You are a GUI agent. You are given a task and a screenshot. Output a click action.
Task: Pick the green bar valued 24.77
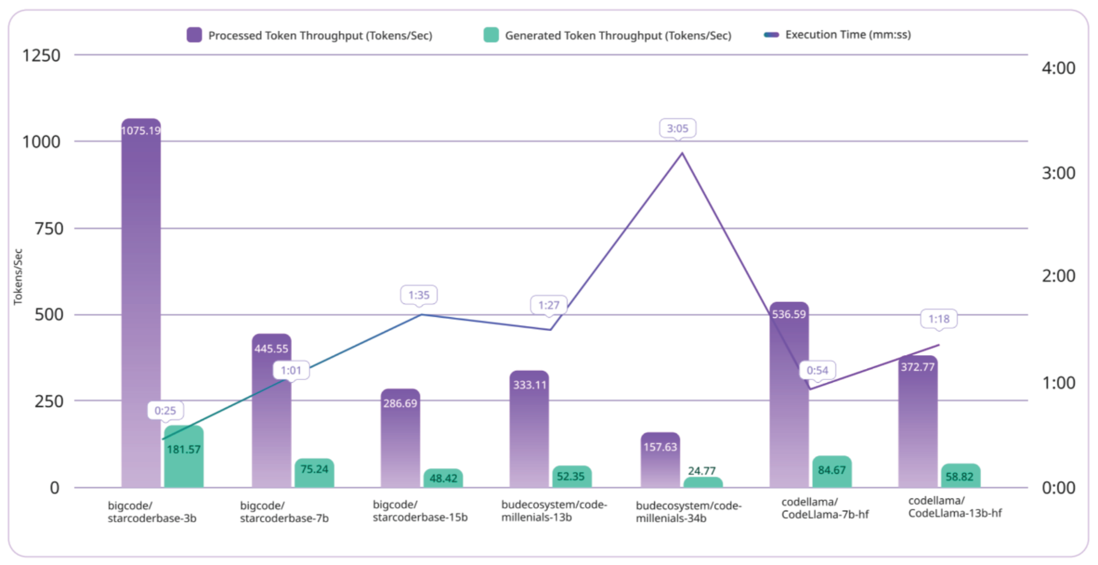point(703,482)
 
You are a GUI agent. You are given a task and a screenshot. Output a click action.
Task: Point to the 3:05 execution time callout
point(677,128)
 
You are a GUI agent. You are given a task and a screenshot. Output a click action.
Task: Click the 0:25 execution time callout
point(165,410)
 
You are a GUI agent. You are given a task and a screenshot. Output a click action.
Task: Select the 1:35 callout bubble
point(419,295)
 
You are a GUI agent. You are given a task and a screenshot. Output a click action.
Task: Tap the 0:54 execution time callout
point(817,370)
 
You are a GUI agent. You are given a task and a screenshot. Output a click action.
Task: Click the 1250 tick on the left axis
point(41,55)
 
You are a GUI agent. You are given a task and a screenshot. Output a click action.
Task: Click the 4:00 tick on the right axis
point(1058,68)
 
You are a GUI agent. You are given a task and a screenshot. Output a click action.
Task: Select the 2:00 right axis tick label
point(1058,276)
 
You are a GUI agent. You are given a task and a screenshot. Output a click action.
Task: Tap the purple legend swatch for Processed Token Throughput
point(194,35)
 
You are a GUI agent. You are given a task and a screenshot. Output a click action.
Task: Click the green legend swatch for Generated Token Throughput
point(491,35)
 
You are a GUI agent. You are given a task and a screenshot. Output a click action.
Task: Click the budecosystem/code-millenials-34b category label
point(688,512)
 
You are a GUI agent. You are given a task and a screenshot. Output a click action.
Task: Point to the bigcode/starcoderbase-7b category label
point(284,512)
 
